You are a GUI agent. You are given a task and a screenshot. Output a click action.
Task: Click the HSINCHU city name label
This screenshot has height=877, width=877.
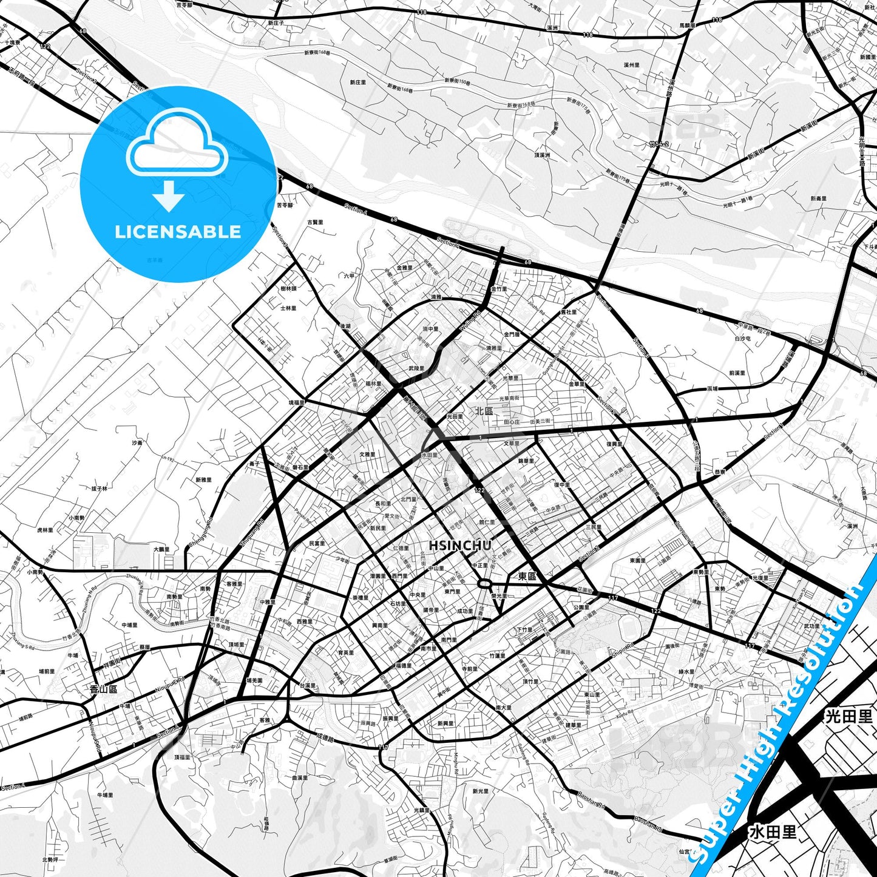pos(460,546)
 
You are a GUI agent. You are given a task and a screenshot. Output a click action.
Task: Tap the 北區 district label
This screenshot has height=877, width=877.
pos(484,411)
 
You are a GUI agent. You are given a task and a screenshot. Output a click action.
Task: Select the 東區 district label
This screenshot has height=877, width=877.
pos(527,576)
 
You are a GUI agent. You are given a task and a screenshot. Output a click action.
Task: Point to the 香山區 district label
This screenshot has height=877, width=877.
pos(103,689)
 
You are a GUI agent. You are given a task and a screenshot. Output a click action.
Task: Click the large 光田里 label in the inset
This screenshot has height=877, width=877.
pos(849,716)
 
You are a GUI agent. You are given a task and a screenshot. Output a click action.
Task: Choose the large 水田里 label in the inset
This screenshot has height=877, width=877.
pos(773,831)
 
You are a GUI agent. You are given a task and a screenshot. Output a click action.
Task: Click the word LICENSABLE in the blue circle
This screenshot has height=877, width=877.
pos(178,231)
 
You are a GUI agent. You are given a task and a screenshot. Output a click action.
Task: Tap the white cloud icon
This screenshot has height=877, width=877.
pos(177,144)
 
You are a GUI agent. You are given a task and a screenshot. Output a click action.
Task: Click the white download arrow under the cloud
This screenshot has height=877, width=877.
pos(169,195)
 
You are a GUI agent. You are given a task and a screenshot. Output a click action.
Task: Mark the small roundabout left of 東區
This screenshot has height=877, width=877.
pos(484,584)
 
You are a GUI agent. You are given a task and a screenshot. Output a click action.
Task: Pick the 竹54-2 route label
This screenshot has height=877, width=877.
pos(658,144)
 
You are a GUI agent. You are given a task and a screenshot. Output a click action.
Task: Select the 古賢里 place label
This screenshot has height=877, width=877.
pos(315,222)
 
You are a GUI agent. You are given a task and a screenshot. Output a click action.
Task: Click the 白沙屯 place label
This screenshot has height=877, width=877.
pos(742,338)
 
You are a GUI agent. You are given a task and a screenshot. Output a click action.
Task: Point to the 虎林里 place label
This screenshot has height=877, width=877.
pos(45,530)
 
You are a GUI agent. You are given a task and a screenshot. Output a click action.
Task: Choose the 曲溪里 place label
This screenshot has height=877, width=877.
pos(300,777)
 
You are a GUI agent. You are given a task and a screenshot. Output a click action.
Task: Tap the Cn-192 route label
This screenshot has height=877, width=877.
pos(167,459)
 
